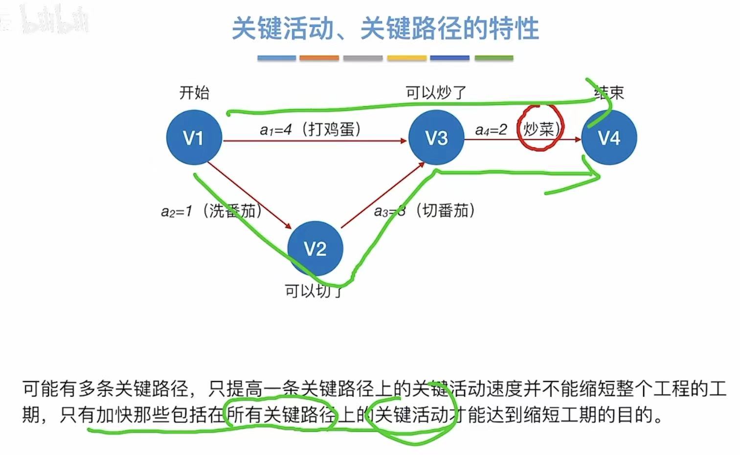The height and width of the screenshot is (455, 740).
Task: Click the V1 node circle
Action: [194, 137]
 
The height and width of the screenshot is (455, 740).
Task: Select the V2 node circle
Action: [315, 249]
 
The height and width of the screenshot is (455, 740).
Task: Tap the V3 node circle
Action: [436, 137]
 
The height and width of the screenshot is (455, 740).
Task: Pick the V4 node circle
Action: [609, 137]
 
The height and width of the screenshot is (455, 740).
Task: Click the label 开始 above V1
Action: [194, 92]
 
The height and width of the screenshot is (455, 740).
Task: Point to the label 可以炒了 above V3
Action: [436, 92]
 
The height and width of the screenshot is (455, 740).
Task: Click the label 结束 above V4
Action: [609, 93]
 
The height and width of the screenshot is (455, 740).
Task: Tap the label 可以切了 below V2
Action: [314, 291]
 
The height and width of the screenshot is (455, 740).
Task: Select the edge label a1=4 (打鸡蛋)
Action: [310, 130]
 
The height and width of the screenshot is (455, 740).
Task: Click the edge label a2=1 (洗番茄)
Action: [211, 211]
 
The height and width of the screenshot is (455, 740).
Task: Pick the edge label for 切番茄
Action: [424, 211]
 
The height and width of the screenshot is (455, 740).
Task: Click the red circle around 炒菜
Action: [540, 127]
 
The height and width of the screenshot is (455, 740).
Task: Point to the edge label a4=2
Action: [491, 130]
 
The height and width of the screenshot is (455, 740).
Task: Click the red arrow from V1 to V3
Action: [313, 141]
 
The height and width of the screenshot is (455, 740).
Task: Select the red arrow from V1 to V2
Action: [249, 195]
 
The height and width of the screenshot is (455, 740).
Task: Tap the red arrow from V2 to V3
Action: [382, 196]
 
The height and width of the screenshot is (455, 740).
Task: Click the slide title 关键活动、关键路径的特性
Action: [385, 28]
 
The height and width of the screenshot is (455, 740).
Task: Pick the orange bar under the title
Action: [319, 58]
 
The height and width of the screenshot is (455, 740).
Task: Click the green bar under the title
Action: [493, 58]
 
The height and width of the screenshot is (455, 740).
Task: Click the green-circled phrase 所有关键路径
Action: [281, 415]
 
